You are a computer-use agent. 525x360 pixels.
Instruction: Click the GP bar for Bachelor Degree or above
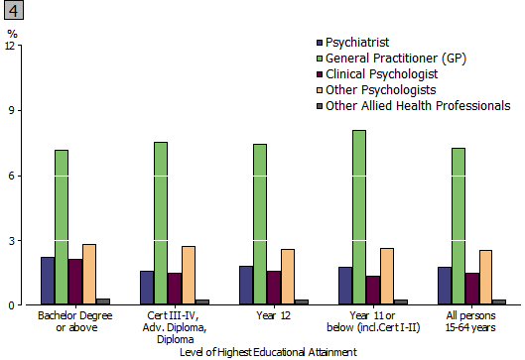click(x=62, y=227)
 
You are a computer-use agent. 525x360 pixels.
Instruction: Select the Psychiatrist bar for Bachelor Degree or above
click(x=48, y=281)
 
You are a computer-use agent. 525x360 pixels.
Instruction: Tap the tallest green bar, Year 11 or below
click(x=359, y=217)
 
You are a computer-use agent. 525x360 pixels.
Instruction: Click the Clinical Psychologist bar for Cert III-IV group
click(x=175, y=289)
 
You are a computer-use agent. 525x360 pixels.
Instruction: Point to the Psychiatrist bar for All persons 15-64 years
click(x=445, y=286)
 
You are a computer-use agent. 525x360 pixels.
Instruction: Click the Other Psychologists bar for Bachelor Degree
click(x=89, y=274)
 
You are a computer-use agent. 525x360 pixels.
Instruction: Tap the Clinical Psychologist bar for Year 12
click(x=274, y=288)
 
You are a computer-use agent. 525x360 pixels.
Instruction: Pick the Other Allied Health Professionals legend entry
click(x=418, y=106)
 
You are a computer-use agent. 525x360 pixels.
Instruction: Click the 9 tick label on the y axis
click(x=13, y=111)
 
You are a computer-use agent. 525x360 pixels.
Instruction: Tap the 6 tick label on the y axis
click(x=13, y=176)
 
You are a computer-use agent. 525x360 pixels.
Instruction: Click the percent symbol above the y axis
click(x=12, y=33)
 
